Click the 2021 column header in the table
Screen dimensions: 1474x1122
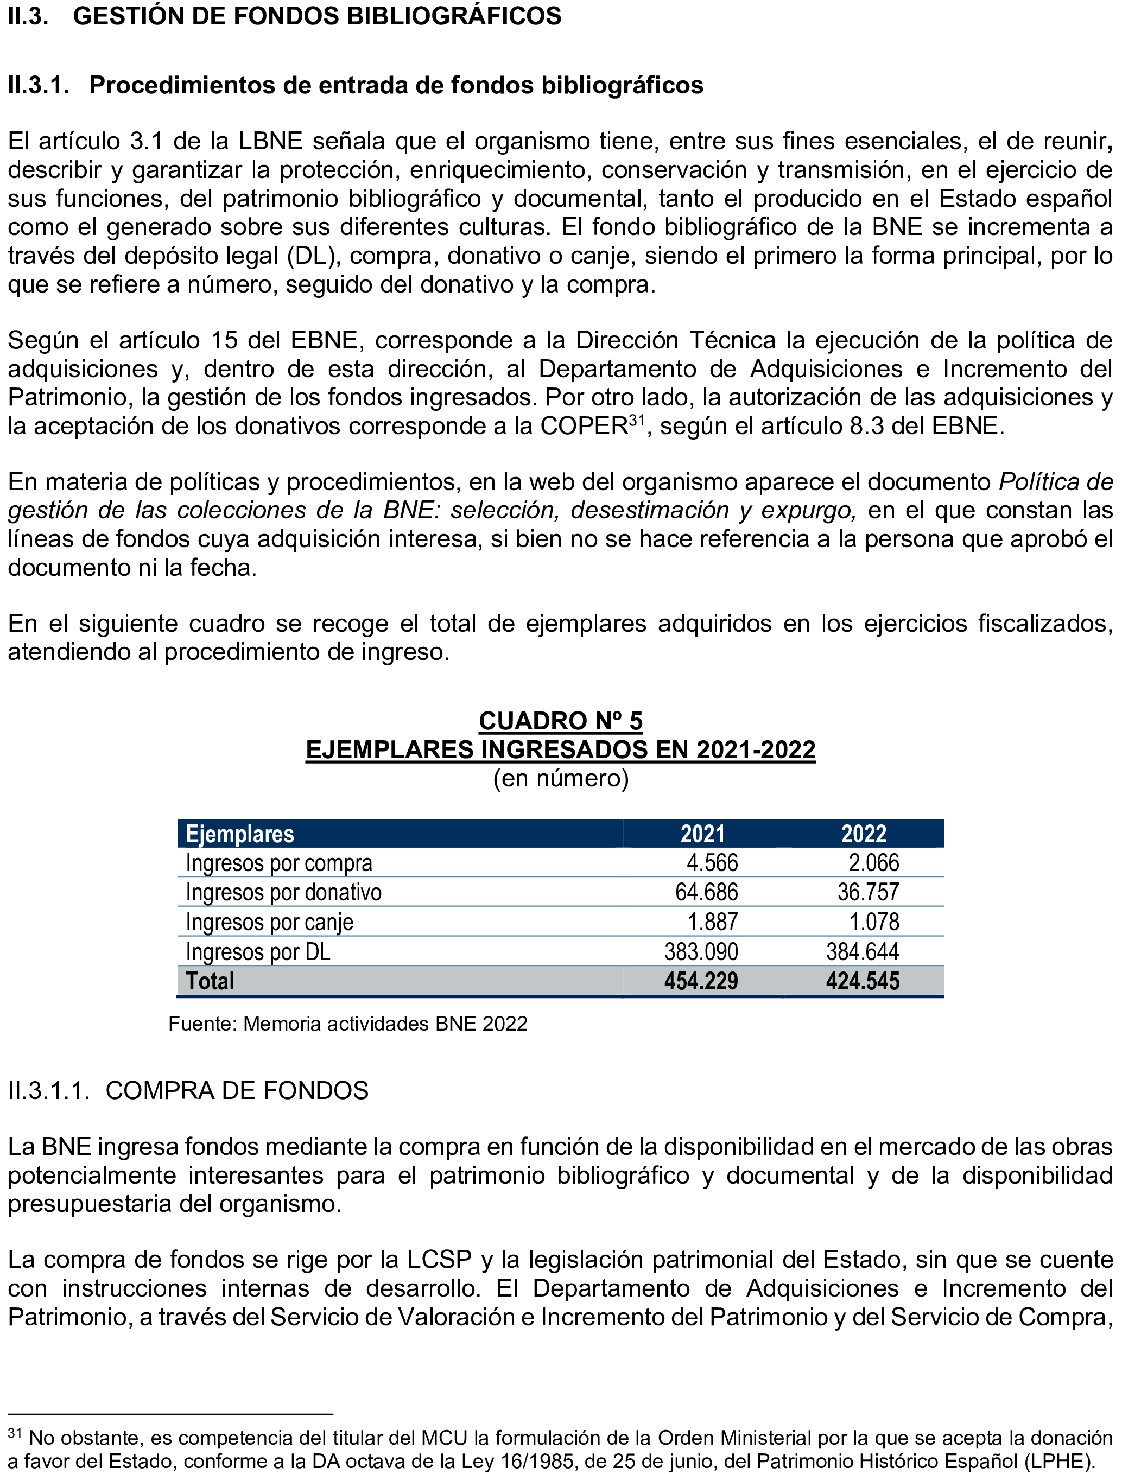coord(702,834)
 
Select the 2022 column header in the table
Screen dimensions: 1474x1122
coord(863,834)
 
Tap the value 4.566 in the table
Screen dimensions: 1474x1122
coord(712,862)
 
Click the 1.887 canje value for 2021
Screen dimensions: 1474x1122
coord(713,922)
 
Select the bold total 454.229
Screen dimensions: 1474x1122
coord(701,981)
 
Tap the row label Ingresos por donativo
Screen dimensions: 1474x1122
coord(283,893)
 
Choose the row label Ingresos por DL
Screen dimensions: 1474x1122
coord(258,952)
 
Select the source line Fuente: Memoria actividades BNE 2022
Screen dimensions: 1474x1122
coord(347,1024)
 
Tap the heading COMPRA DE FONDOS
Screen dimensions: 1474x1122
coord(237,1091)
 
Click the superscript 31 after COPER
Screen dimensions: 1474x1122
coord(637,420)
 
